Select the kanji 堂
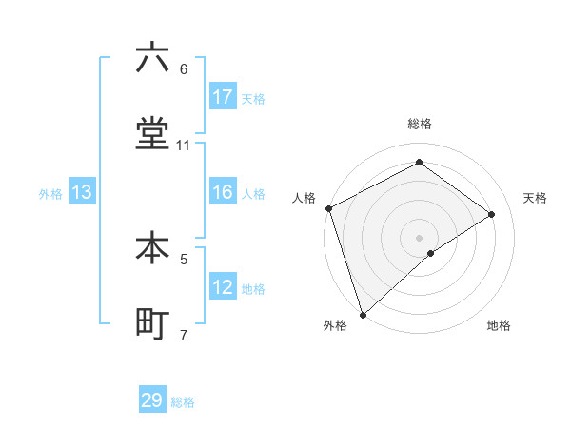(x=152, y=135)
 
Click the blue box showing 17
(x=223, y=97)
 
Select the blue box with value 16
(x=223, y=192)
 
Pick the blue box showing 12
(x=223, y=287)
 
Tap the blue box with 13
(x=82, y=192)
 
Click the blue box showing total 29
(x=152, y=400)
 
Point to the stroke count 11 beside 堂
(x=184, y=146)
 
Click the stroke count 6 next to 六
(x=184, y=68)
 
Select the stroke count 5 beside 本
(x=184, y=258)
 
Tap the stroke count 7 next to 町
(x=184, y=335)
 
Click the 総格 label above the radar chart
(x=419, y=124)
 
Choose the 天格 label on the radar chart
(x=535, y=198)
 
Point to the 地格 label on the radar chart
(x=499, y=325)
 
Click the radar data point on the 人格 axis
(x=328, y=208)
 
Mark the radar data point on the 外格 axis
(x=363, y=314)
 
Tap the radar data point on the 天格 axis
(x=491, y=214)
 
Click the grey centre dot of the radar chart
(x=419, y=237)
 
